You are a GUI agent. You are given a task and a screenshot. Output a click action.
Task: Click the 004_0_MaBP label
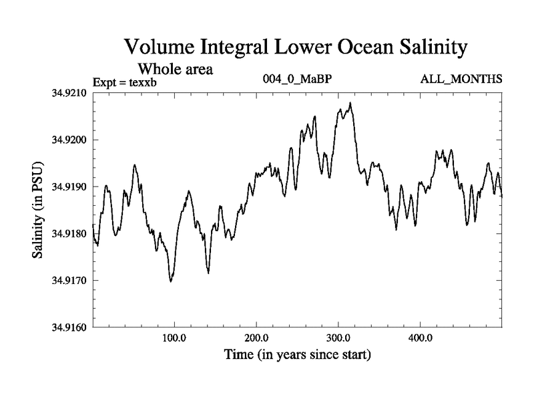click(298, 80)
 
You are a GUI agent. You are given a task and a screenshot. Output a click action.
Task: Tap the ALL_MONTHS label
click(461, 80)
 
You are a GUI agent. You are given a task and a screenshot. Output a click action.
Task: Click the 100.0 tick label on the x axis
click(174, 338)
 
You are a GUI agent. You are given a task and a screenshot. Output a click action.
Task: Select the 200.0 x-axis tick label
click(256, 338)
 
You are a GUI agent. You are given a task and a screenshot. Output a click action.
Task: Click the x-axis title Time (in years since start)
click(297, 354)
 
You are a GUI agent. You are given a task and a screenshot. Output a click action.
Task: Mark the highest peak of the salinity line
click(350, 103)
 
